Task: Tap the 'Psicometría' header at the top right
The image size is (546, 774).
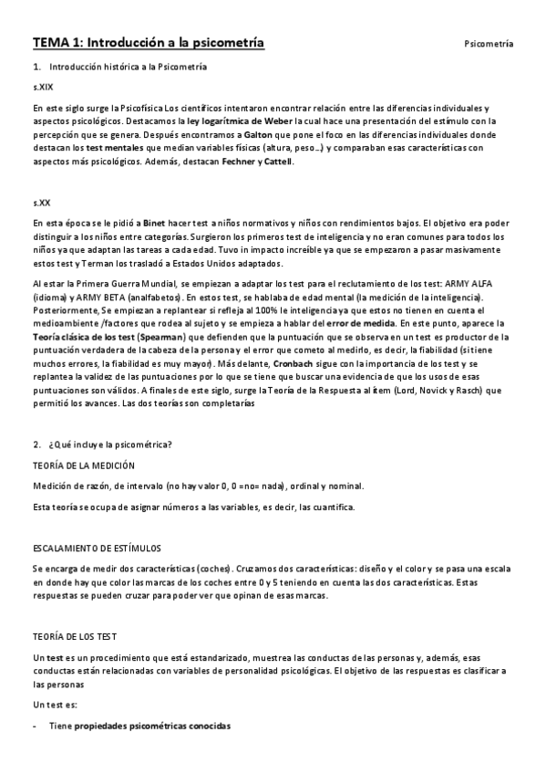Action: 489,44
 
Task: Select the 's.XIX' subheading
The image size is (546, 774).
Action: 42,88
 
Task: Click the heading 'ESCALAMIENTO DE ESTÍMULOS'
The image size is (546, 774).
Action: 97,548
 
